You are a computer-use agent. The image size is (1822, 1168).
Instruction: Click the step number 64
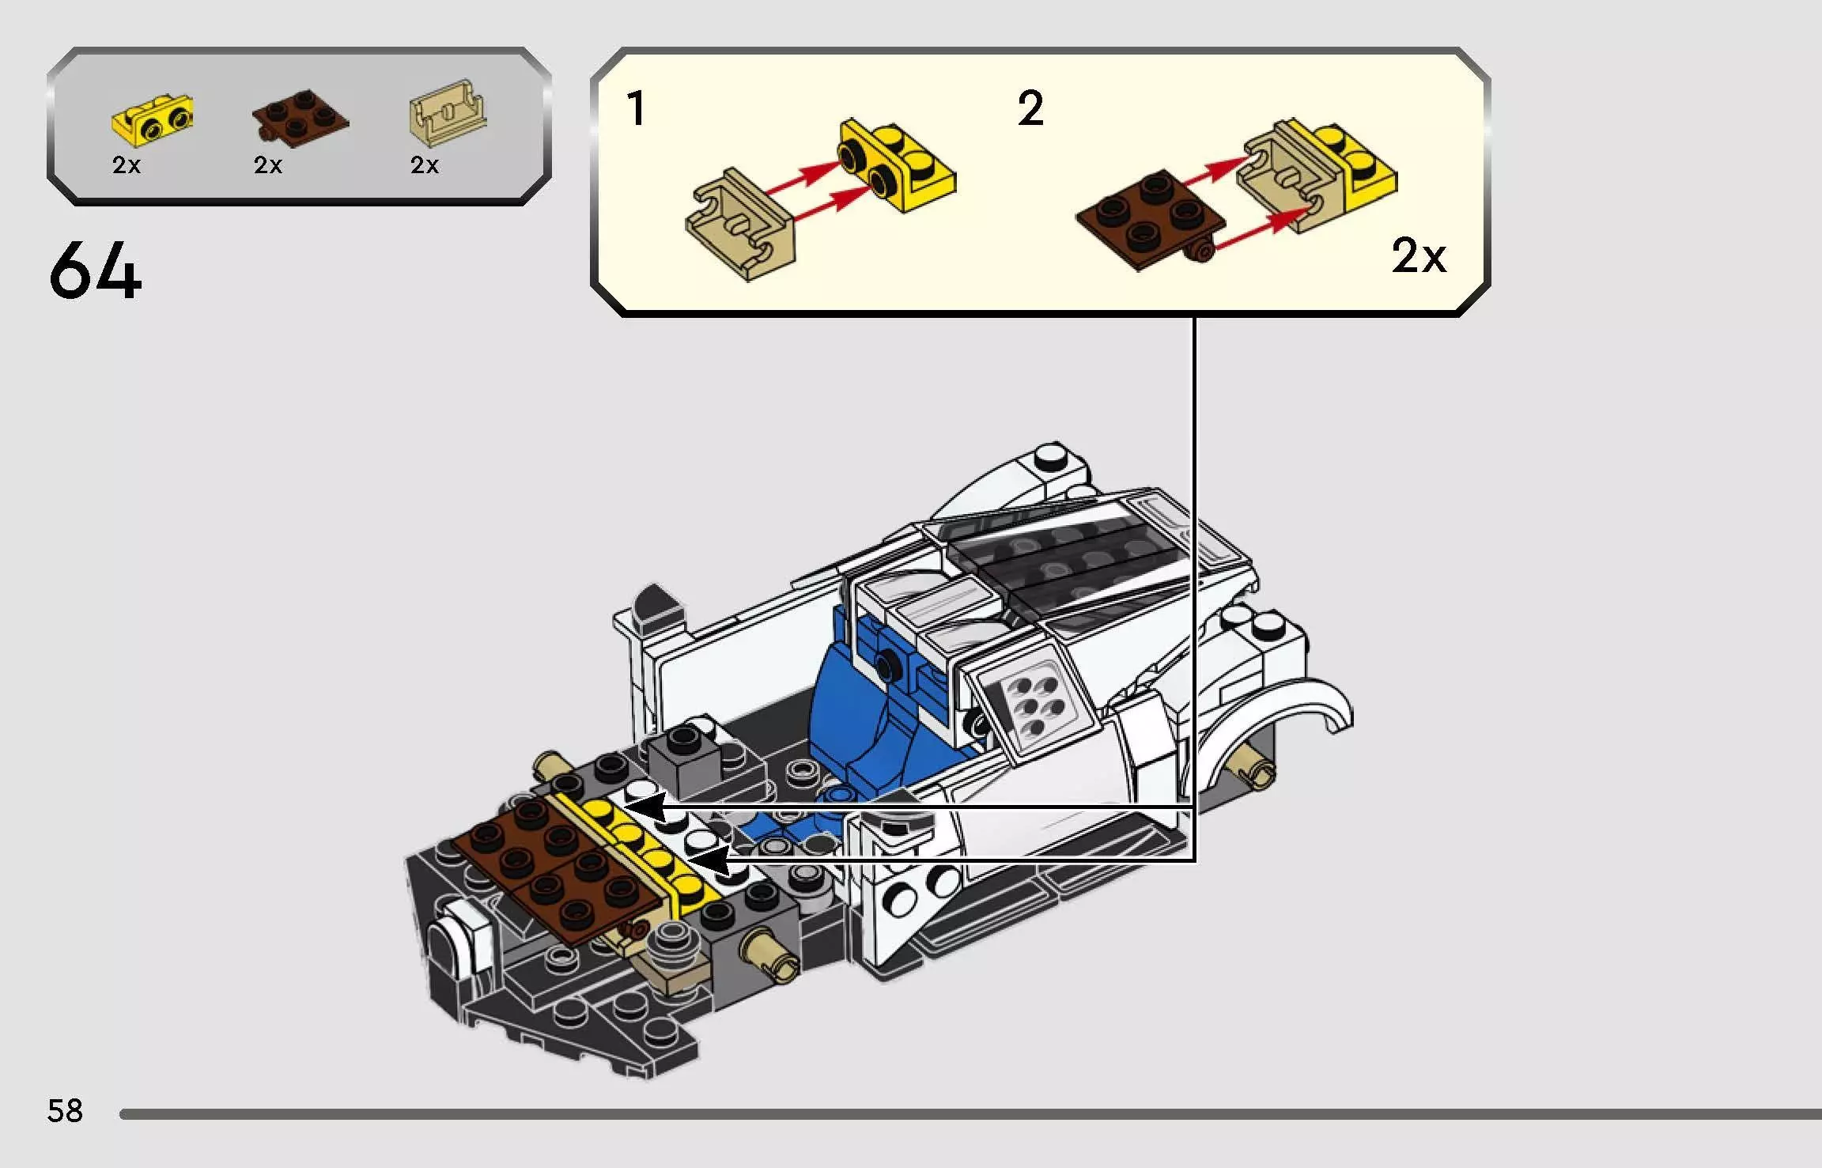pos(95,271)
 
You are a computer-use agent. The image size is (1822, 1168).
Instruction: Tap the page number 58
pos(65,1111)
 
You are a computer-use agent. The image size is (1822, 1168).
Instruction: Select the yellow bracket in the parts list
pos(153,121)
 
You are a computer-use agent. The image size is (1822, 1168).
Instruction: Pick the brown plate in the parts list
pos(301,119)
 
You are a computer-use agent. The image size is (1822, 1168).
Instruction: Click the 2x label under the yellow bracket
pos(127,164)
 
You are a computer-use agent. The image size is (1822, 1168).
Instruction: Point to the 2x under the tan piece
pos(425,164)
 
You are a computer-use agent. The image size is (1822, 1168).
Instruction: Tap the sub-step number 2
pos(1030,108)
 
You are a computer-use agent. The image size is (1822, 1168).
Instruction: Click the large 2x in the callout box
pos(1419,256)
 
